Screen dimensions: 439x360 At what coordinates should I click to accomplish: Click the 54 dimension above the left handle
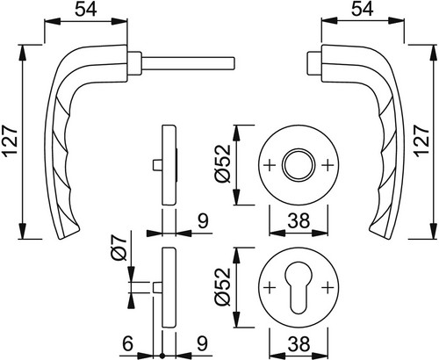pyautogui.click(x=86, y=10)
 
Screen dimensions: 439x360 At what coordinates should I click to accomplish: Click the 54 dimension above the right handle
pyautogui.click(x=363, y=10)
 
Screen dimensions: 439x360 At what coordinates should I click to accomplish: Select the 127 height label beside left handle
pyautogui.click(x=11, y=142)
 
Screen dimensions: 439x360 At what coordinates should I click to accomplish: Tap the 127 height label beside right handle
pyautogui.click(x=422, y=141)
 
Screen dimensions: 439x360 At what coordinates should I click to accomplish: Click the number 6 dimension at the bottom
pyautogui.click(x=127, y=343)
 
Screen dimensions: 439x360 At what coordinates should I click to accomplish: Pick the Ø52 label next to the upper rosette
pyautogui.click(x=223, y=164)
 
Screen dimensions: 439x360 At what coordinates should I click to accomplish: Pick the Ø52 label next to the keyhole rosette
pyautogui.click(x=223, y=287)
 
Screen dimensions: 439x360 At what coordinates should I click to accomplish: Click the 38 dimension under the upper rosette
pyautogui.click(x=299, y=220)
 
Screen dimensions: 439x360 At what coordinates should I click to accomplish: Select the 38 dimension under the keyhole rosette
pyautogui.click(x=299, y=343)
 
